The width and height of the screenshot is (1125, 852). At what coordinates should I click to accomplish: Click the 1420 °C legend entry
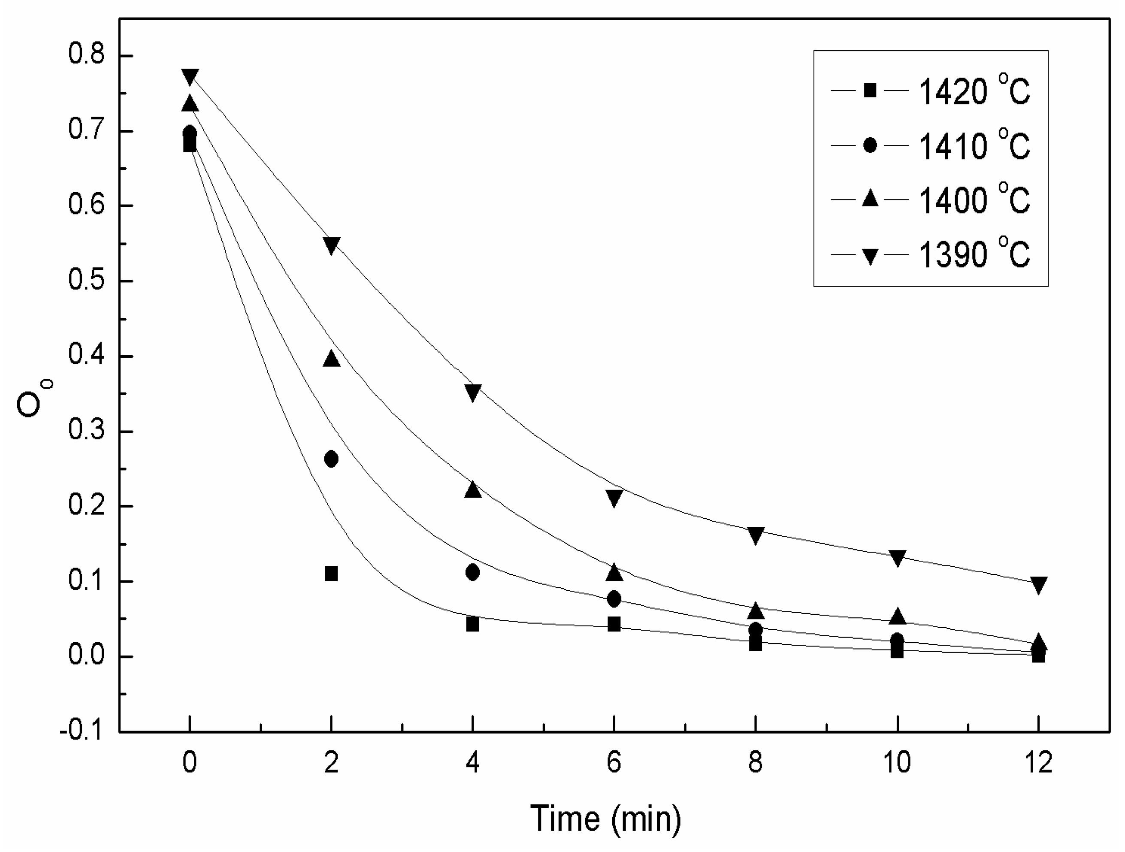930,91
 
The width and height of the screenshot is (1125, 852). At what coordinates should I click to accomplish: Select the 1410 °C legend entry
930,146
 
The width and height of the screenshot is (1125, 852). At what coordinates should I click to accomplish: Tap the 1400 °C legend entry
930,200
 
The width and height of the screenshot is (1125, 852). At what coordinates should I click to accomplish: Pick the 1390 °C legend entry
930,254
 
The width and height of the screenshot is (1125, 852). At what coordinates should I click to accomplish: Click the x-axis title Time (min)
605,819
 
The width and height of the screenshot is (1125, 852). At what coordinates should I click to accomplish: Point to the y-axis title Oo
31,399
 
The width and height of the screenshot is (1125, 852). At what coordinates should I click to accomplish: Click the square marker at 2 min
331,574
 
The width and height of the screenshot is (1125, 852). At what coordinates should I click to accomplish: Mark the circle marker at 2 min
331,459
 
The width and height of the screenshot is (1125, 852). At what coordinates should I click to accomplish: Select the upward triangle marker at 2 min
331,359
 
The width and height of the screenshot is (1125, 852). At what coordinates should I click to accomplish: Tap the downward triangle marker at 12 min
1038,585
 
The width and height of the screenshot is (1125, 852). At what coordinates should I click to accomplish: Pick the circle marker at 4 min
472,572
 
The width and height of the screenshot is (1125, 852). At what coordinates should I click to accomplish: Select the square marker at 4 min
472,624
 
